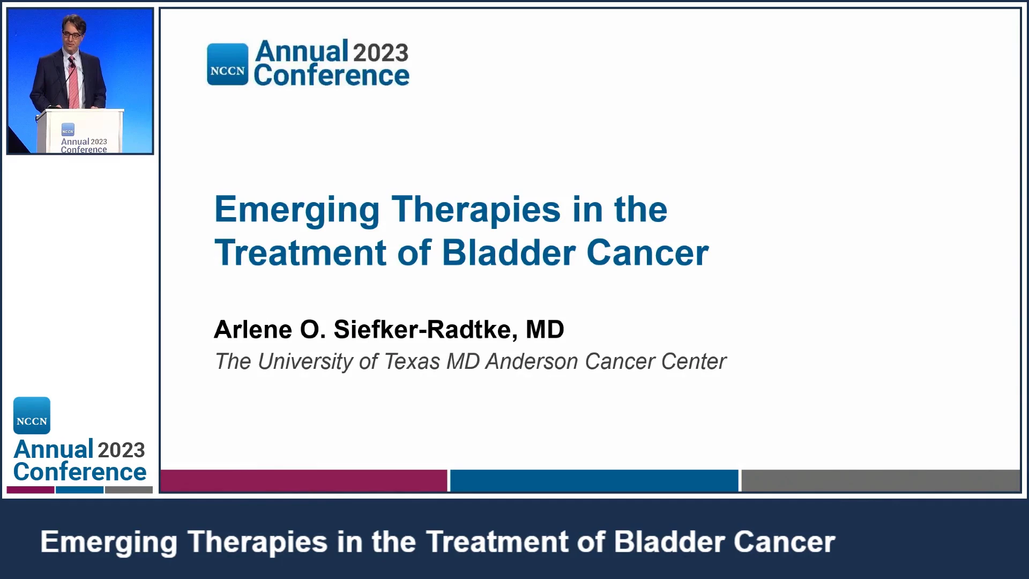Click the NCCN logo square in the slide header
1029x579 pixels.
click(228, 64)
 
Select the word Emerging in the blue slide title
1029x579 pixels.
click(297, 210)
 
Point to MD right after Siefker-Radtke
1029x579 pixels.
click(545, 329)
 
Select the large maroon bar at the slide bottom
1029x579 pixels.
click(304, 480)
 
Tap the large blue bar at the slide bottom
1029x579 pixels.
click(594, 480)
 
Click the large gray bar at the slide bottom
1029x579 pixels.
click(881, 480)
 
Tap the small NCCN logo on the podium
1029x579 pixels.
click(68, 130)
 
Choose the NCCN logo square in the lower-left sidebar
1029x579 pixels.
click(32, 415)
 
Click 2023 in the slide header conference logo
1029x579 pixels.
click(381, 53)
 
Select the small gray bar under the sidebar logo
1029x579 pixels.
click(129, 489)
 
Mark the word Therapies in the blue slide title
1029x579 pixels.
click(476, 210)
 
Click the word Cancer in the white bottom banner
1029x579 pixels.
click(784, 541)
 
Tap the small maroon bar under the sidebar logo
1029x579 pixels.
click(31, 489)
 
